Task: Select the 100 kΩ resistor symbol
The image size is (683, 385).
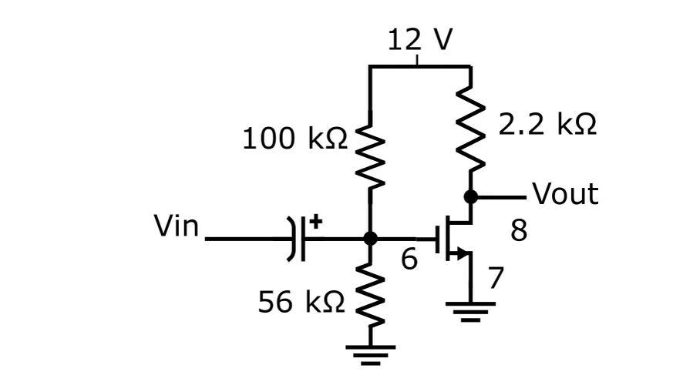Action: (x=371, y=158)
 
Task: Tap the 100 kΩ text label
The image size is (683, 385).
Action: (x=294, y=139)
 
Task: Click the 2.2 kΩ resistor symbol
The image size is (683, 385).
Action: (x=471, y=127)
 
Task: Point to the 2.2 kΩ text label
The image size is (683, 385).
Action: (x=547, y=124)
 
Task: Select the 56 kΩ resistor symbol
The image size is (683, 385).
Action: (x=371, y=296)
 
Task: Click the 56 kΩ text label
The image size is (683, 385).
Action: (x=301, y=303)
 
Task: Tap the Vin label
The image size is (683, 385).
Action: (x=177, y=227)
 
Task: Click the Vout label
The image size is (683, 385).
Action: (x=565, y=194)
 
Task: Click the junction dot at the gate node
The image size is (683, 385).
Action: (x=371, y=239)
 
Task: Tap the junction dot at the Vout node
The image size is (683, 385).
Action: (x=471, y=197)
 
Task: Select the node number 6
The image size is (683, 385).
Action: (x=409, y=260)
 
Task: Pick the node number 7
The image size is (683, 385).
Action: (x=496, y=278)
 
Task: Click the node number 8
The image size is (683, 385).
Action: (x=519, y=229)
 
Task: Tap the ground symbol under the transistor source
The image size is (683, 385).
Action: (x=471, y=310)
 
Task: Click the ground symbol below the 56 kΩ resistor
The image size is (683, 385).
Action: (x=371, y=353)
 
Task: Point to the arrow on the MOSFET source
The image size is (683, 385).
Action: (x=463, y=253)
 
